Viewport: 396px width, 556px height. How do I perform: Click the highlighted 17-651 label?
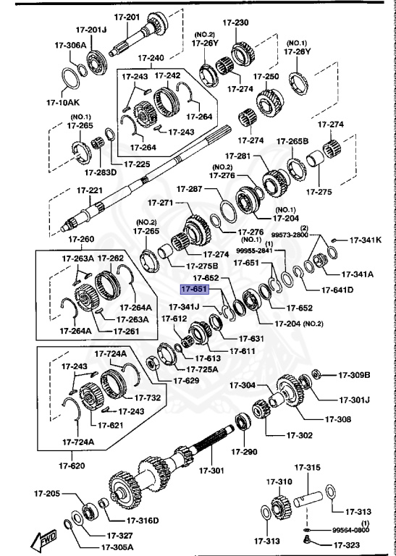[x=195, y=289]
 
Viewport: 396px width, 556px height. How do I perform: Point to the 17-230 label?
[x=235, y=23]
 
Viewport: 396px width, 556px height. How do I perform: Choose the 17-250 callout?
[x=266, y=76]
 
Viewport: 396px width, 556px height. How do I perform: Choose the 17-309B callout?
[x=355, y=374]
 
